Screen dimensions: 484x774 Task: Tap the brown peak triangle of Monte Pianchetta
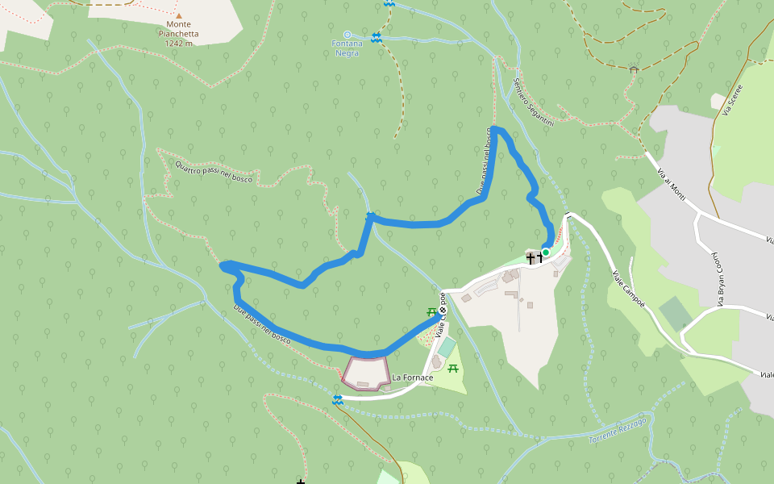click(x=179, y=15)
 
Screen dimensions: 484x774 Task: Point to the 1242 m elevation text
click(x=178, y=44)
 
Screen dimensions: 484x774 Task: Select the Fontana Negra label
click(x=347, y=48)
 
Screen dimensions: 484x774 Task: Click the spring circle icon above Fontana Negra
click(x=347, y=34)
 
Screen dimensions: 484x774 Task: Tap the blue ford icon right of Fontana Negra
click(x=376, y=38)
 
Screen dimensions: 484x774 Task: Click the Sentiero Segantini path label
click(x=533, y=101)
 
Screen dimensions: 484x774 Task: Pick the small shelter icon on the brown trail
click(x=634, y=69)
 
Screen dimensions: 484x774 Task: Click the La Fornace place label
click(x=413, y=378)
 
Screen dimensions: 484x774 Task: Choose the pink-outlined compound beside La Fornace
click(x=367, y=373)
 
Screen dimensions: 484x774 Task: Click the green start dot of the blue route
click(x=546, y=252)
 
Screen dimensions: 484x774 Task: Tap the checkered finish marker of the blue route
click(x=443, y=310)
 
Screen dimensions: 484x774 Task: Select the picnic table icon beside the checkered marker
click(x=432, y=311)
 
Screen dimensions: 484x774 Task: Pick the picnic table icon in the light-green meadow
click(x=453, y=369)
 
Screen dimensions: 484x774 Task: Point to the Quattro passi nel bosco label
click(x=214, y=172)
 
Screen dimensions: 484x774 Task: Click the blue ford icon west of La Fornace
click(x=338, y=400)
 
